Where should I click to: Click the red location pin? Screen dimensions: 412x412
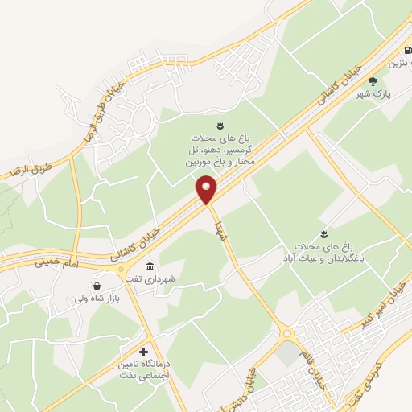tap(207, 191)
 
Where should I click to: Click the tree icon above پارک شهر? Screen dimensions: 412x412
tap(373, 80)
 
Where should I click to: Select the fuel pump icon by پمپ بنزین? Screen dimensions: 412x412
tap(407, 50)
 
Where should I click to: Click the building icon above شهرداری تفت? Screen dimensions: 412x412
tap(150, 266)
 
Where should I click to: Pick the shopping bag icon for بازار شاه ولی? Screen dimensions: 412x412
tap(97, 286)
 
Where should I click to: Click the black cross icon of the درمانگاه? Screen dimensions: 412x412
tap(144, 352)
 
